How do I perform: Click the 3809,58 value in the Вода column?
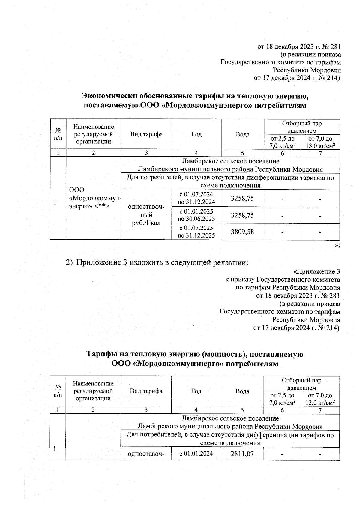click(x=242, y=232)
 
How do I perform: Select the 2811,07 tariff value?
click(x=242, y=454)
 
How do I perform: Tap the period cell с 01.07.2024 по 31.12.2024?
click(x=196, y=198)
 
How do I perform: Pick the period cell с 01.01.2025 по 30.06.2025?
click(x=196, y=215)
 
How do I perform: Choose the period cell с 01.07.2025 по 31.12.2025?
click(x=196, y=232)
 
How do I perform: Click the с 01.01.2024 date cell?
click(x=196, y=454)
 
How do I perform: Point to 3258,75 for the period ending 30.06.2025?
click(x=242, y=215)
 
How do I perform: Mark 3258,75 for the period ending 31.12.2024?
click(x=242, y=198)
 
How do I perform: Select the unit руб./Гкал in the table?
click(x=146, y=223)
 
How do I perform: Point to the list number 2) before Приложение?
click(x=69, y=262)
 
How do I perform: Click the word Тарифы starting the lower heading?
click(x=101, y=354)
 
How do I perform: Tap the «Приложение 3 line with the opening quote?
click(x=316, y=271)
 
